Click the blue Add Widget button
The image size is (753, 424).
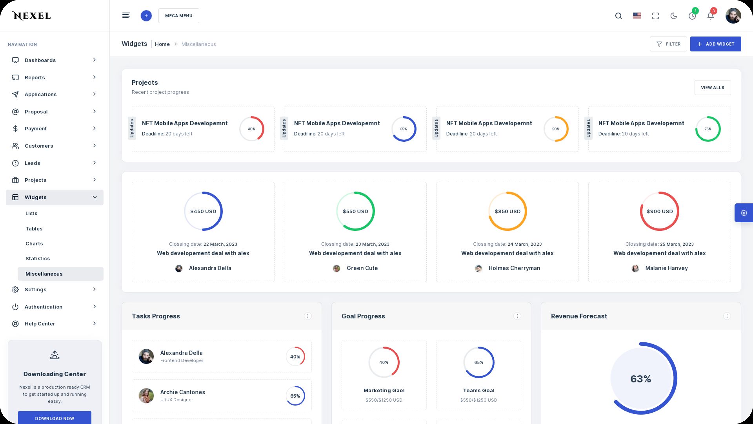click(x=715, y=44)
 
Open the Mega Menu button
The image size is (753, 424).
click(x=178, y=16)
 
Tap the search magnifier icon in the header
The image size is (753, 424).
click(x=618, y=16)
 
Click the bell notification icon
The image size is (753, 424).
click(x=710, y=16)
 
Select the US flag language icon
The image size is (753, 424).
click(x=637, y=16)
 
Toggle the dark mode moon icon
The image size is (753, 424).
click(x=674, y=16)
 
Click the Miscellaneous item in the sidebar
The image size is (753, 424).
click(x=44, y=274)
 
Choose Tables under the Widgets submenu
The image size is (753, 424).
click(x=34, y=228)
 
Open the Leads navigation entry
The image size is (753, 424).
click(x=32, y=163)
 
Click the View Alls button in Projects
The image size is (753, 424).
click(x=712, y=88)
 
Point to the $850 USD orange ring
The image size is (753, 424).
click(x=507, y=211)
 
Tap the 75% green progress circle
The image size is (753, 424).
click(x=708, y=129)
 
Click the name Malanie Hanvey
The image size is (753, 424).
click(x=666, y=268)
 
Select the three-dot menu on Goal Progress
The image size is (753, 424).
click(x=517, y=316)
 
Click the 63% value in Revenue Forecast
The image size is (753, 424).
click(x=640, y=379)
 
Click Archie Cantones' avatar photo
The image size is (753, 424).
click(x=146, y=396)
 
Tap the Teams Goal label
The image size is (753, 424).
click(x=478, y=390)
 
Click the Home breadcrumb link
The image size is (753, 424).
click(x=162, y=44)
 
